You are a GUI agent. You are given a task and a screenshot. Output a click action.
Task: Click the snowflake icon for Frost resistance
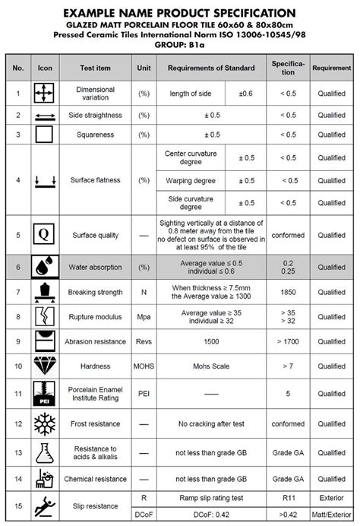(44, 423)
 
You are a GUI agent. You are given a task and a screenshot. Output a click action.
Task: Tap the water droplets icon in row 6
(44, 267)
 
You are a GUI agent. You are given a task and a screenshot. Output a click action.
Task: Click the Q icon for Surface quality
(44, 235)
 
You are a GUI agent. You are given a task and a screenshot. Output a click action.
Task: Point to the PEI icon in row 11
(44, 394)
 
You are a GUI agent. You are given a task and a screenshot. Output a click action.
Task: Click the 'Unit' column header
(144, 67)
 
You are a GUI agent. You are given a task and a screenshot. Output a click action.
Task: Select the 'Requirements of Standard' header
(211, 67)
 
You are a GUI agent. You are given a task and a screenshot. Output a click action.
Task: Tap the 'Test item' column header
(95, 67)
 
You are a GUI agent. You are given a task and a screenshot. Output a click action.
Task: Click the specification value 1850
(288, 293)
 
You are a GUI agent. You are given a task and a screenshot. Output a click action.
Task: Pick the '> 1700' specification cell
(288, 342)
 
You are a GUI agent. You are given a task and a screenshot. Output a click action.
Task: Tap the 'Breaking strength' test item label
(95, 293)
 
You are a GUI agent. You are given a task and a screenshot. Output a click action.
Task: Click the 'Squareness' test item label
(95, 135)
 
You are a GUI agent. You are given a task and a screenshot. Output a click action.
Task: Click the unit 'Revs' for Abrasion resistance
(144, 342)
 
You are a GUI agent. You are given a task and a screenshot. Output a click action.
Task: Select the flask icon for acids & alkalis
(44, 452)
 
